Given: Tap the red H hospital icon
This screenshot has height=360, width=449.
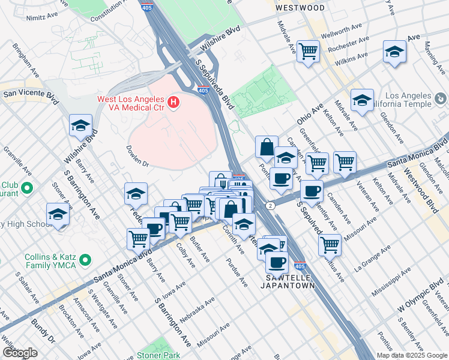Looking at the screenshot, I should point(173,103).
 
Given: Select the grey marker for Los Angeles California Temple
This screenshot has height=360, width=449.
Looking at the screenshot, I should point(439,98).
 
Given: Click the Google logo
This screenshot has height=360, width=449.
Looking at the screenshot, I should point(20,352).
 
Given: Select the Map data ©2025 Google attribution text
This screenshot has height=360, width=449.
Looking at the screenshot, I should point(412,355).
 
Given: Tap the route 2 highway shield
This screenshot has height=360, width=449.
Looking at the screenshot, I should point(272,206).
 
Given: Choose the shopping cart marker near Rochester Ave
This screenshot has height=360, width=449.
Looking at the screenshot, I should point(308,52).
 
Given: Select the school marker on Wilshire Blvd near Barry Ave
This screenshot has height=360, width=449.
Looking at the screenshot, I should point(80,125).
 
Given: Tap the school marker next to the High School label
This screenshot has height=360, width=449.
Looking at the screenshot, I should point(58,214).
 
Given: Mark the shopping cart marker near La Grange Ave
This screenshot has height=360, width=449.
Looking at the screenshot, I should point(330,244).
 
